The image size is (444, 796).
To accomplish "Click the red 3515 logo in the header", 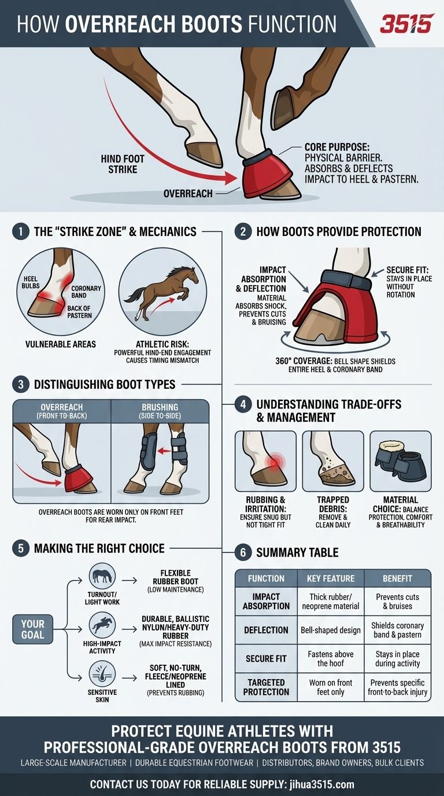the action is point(406,24).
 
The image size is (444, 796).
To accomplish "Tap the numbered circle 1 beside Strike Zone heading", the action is point(20,232).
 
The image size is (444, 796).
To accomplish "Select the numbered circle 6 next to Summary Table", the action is point(243,552).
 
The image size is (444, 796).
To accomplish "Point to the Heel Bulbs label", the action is point(31,282).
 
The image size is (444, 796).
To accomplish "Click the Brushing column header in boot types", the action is point(160,411).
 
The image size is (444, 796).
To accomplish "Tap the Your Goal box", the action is point(33,629).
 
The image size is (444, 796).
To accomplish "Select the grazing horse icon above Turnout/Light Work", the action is point(102,574).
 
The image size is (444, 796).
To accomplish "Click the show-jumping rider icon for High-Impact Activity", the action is point(102,625).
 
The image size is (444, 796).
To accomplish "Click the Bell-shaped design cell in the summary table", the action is point(331,630).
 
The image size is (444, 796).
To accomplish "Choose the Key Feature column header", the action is point(331,578).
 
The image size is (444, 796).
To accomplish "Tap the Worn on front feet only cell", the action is point(331,687).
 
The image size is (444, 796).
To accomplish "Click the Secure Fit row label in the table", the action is point(266,658).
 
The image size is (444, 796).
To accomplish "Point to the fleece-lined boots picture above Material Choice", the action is point(401,461).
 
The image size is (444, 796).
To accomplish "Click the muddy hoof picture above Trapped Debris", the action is point(333,461).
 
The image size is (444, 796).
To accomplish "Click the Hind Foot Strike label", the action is point(123,164).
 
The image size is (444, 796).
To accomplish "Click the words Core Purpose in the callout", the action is point(337,148).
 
